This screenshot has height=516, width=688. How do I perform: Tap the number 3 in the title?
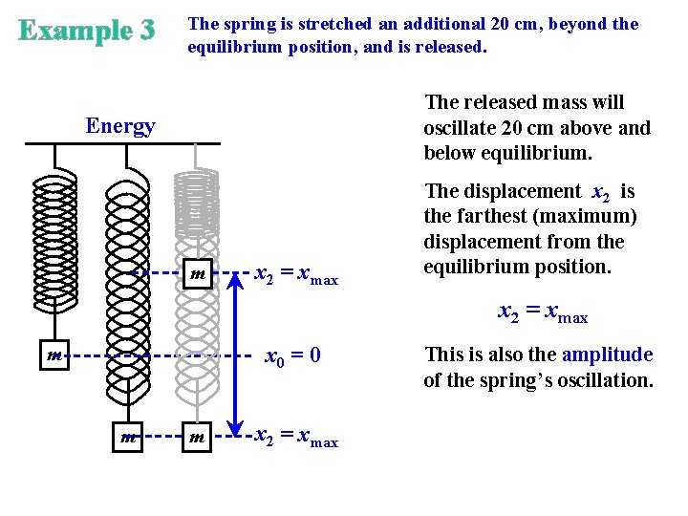[145, 32]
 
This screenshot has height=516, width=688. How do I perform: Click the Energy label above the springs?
[120, 126]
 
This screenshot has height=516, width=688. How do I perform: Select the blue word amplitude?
[607, 355]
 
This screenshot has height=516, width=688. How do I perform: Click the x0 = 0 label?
[291, 356]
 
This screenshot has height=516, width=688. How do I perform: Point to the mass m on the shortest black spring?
[54, 356]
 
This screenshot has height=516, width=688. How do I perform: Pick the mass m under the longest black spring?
[127, 438]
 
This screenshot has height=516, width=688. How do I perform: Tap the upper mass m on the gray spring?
[197, 276]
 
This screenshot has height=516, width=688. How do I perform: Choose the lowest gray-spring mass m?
[197, 438]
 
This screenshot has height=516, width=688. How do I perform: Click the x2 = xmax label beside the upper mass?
[296, 275]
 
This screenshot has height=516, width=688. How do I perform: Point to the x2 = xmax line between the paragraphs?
[543, 312]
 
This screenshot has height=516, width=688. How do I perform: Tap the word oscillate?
[460, 128]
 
